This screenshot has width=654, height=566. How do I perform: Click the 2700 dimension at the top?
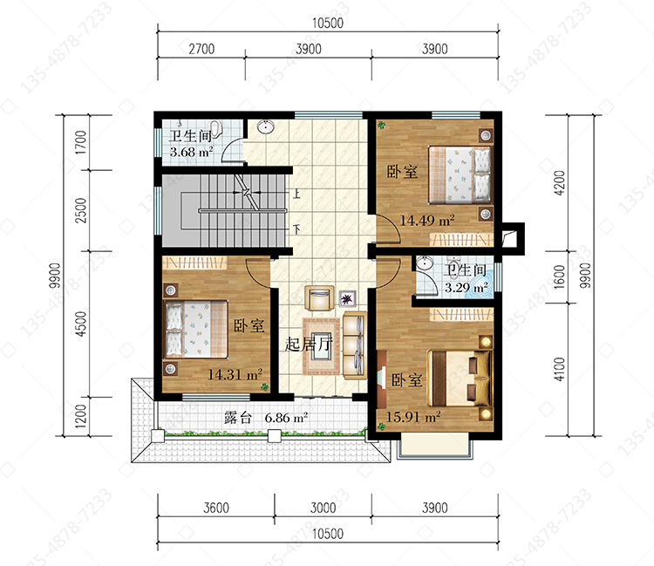point(201,49)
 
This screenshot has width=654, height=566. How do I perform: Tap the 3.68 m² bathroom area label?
point(192,152)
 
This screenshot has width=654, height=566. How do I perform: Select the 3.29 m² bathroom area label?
point(467,288)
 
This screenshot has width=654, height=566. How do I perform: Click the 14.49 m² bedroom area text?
point(427,221)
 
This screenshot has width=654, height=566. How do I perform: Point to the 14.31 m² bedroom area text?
point(235,374)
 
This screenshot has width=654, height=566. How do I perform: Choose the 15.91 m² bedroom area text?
point(413,417)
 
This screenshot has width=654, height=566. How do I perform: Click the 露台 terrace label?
point(238,418)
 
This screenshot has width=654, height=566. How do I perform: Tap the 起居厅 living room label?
point(309,344)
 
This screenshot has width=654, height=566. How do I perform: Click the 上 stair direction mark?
point(296,194)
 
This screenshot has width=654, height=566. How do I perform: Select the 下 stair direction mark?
point(296,229)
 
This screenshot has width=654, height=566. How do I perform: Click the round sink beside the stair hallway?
point(265,126)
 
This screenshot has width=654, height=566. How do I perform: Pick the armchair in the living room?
point(319,297)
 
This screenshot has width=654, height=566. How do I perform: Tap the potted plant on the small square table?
point(347,298)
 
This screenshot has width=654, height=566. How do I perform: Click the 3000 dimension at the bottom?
point(323,508)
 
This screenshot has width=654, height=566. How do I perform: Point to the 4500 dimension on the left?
point(81,324)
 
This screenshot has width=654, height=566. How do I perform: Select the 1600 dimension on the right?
point(559,276)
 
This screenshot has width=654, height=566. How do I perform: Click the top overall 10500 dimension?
point(328,23)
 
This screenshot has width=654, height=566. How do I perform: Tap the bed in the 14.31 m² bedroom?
point(196,330)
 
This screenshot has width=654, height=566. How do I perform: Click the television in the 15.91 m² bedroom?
point(381,378)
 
